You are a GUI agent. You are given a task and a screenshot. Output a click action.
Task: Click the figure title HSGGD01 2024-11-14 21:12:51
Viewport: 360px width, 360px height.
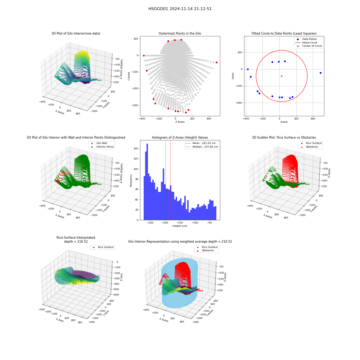pyautogui.click(x=180, y=9)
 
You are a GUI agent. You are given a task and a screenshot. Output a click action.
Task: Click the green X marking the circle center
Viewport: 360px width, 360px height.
pyautogui.click(x=282, y=76)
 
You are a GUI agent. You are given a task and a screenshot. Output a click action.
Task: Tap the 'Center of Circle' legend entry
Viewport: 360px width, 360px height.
pyautogui.click(x=309, y=46)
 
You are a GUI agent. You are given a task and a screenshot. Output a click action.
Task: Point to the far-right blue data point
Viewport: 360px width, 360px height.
pyautogui.click(x=320, y=73)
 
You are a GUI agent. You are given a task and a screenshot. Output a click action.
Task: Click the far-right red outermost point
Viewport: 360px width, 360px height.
pyautogui.click(x=216, y=62)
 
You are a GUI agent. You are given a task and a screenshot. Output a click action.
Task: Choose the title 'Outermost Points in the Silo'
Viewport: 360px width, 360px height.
pyautogui.click(x=180, y=33)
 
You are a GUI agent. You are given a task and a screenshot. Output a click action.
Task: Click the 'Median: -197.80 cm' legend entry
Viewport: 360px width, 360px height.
pyautogui.click(x=202, y=147)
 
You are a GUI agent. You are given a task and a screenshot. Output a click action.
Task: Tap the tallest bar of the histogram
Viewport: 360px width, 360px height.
pyautogui.click(x=147, y=182)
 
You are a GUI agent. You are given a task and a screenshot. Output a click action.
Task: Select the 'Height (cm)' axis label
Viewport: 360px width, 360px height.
pyautogui.click(x=180, y=226)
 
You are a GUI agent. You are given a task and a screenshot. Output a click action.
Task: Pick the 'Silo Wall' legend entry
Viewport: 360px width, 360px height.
pyautogui.click(x=99, y=143)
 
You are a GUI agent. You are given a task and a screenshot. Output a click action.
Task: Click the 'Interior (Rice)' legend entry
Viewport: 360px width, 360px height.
pyautogui.click(x=102, y=147)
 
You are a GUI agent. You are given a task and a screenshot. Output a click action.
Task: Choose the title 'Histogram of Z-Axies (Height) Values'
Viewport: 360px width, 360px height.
pyautogui.click(x=180, y=138)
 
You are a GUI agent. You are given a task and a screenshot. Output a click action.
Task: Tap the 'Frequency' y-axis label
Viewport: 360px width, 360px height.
pyautogui.click(x=131, y=180)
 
